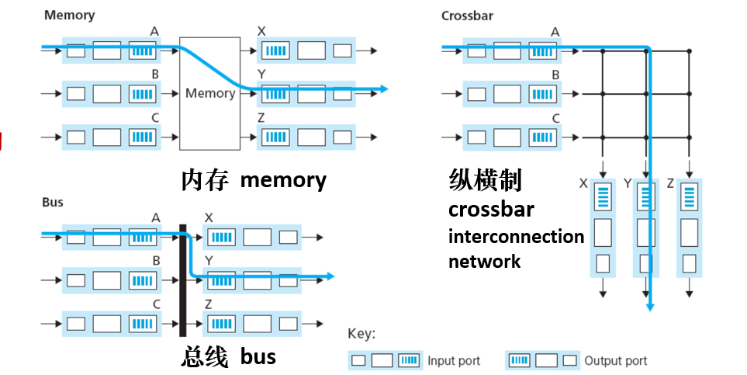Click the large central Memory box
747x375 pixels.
click(209, 93)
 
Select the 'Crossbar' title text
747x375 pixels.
click(467, 16)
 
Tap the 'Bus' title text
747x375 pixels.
click(53, 202)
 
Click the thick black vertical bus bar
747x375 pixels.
click(183, 280)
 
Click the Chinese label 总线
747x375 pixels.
click(205, 357)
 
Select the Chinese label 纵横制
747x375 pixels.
click(485, 181)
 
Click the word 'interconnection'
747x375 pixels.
click(516, 236)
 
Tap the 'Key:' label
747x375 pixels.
click(361, 334)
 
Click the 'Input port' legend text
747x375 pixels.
click(454, 361)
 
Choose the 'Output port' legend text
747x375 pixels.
click(615, 361)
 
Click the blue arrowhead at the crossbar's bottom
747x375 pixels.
click(650, 307)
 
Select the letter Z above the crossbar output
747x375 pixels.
click(669, 183)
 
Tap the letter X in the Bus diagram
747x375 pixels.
click(209, 218)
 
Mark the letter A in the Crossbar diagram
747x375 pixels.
click(555, 31)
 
